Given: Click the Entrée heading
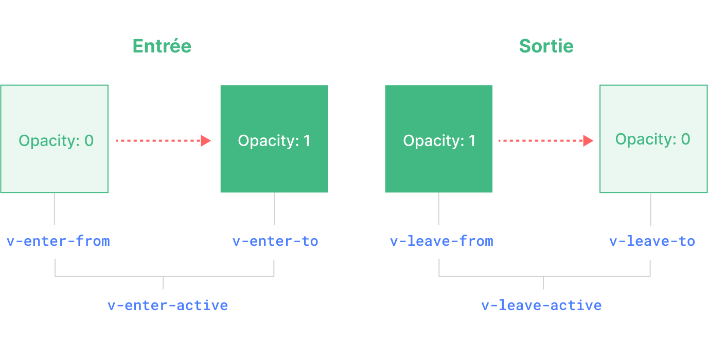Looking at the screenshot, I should click(162, 46).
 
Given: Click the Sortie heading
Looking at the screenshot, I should click(546, 46).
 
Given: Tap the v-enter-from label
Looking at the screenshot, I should click(58, 241).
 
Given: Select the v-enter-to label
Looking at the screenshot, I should click(275, 241).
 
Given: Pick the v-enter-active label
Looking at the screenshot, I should click(168, 305).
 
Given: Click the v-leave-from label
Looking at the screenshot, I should click(441, 241).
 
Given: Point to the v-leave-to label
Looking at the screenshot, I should click(652, 241).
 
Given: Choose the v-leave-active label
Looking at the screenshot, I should click(541, 305).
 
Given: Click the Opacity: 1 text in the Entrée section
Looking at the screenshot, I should click(274, 141).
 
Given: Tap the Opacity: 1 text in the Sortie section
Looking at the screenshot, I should click(439, 141).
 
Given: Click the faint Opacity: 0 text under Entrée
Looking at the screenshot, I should click(56, 140).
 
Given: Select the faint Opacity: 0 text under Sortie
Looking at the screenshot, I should click(652, 139).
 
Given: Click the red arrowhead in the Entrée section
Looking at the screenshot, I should click(206, 140).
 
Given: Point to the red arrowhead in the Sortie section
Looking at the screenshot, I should click(588, 140).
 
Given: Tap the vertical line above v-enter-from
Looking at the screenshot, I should click(55, 208).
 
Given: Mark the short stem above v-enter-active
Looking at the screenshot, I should click(164, 283).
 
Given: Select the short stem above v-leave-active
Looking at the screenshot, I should click(543, 283).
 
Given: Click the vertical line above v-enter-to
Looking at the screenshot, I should click(274, 208).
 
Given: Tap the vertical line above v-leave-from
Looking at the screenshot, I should click(438, 208).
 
